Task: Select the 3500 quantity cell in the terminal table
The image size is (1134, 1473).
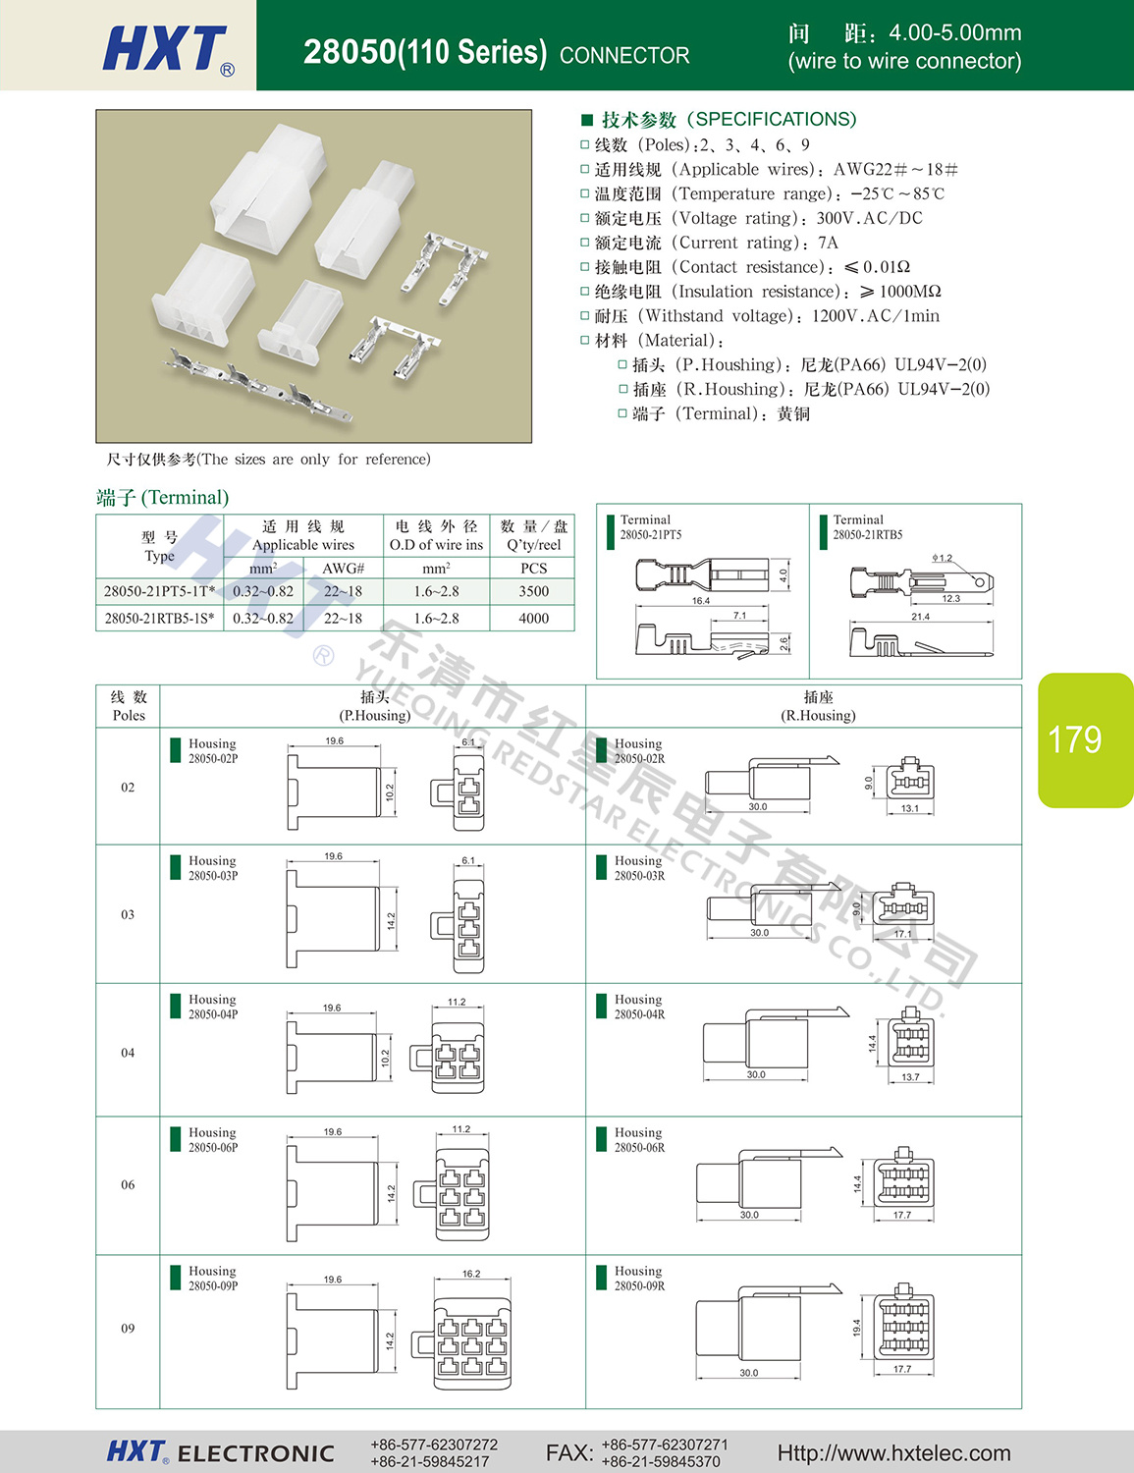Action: pyautogui.click(x=533, y=591)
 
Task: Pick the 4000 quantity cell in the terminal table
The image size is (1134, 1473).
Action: pyautogui.click(x=533, y=619)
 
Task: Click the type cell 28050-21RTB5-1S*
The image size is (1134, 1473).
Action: pyautogui.click(x=159, y=619)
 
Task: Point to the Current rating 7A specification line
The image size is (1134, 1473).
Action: pyautogui.click(x=710, y=243)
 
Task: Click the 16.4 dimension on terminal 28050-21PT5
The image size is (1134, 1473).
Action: pyautogui.click(x=700, y=601)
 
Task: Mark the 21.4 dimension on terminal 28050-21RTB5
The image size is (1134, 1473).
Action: pyautogui.click(x=921, y=617)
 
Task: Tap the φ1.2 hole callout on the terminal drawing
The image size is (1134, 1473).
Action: pyautogui.click(x=943, y=558)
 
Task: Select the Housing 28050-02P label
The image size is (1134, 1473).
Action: pyautogui.click(x=213, y=751)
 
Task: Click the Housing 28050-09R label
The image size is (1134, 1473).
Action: pyautogui.click(x=639, y=1279)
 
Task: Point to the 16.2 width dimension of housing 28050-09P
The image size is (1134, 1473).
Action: pyautogui.click(x=471, y=1274)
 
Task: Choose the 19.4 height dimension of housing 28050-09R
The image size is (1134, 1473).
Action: pyautogui.click(x=857, y=1328)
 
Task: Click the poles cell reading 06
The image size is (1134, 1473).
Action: pyautogui.click(x=128, y=1184)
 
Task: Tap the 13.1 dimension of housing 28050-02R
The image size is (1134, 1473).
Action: pyautogui.click(x=910, y=808)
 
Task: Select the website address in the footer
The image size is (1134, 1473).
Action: pyautogui.click(x=894, y=1452)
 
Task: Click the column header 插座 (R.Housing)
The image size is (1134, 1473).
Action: pyautogui.click(x=818, y=706)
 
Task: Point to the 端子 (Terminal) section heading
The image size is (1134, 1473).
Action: pyautogui.click(x=163, y=498)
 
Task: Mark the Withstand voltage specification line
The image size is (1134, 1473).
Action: pyautogui.click(x=760, y=316)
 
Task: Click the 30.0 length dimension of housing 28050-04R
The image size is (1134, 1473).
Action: pyautogui.click(x=756, y=1074)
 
